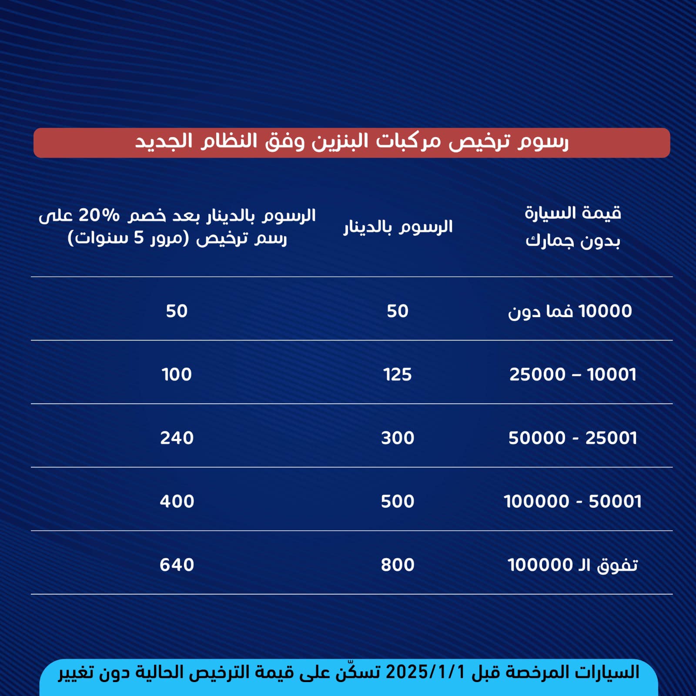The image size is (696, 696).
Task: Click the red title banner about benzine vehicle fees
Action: point(351,143)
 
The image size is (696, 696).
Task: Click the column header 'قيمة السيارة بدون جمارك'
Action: point(572,227)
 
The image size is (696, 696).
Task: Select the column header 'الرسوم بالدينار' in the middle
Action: point(398,227)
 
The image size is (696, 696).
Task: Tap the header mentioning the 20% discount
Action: point(177,227)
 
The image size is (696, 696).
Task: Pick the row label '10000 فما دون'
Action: point(570,311)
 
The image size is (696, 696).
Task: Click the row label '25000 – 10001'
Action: point(572,375)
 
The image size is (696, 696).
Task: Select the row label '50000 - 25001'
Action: point(572,438)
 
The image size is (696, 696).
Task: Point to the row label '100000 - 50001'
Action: point(572,502)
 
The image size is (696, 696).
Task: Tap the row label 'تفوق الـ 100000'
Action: point(572,565)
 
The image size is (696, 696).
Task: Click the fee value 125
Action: point(398,375)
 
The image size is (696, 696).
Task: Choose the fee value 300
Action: point(398,438)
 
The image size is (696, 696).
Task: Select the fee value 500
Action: point(398,502)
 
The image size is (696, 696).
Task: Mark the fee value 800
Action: point(398,565)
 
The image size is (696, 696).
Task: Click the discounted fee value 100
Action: point(177,375)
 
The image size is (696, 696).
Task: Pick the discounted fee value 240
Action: point(177,438)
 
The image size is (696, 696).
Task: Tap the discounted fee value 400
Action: point(177,502)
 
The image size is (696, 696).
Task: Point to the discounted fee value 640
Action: point(177,565)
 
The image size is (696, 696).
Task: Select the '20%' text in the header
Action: point(99,215)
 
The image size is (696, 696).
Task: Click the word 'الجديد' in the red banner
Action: point(164,142)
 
